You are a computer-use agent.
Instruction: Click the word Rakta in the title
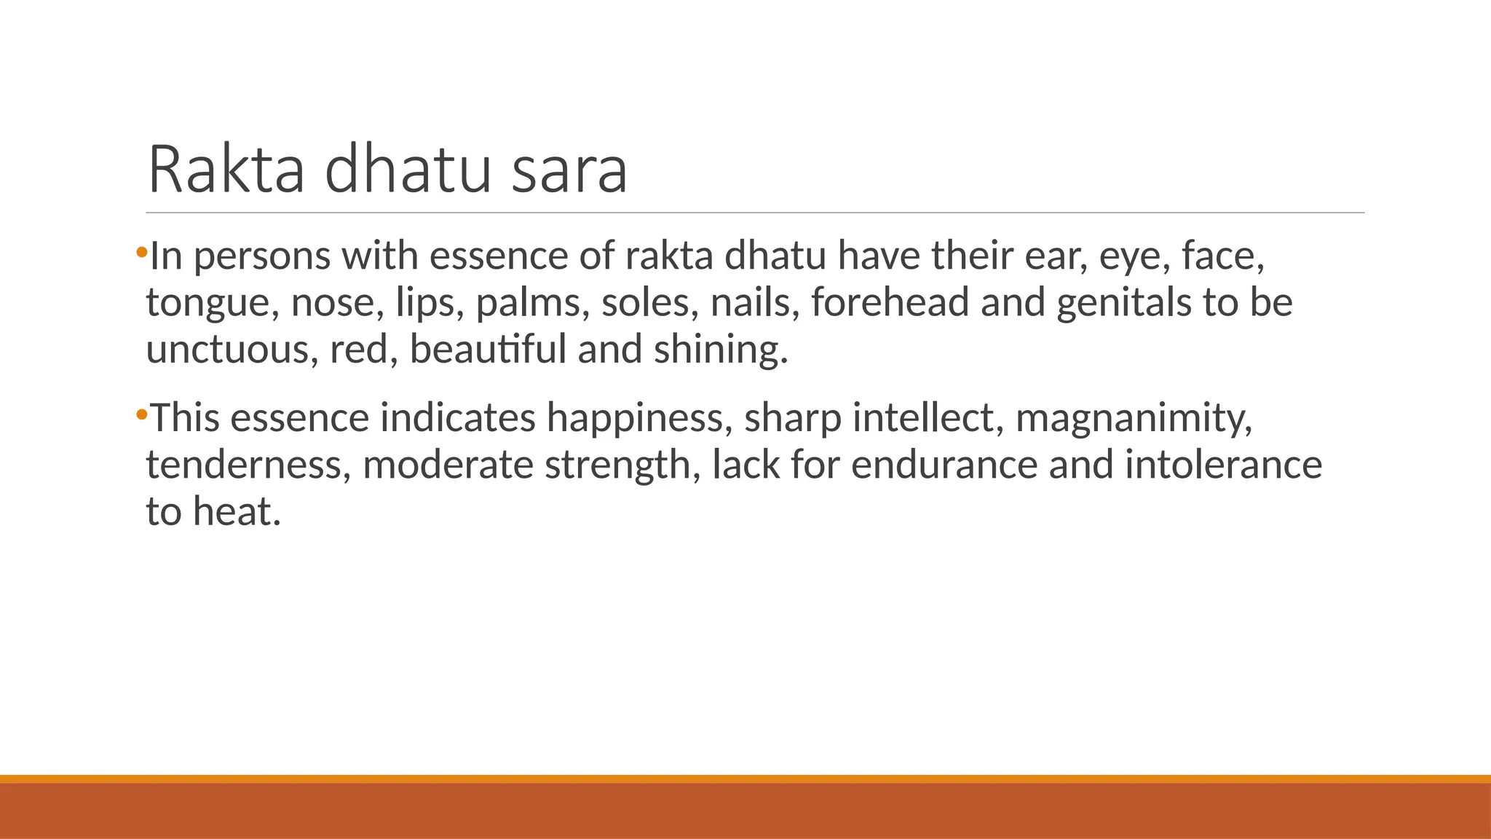click(226, 170)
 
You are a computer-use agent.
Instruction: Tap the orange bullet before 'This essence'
click(141, 415)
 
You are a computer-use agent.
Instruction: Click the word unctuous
click(232, 350)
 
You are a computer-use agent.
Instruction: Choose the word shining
click(721, 350)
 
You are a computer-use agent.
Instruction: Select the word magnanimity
click(1134, 418)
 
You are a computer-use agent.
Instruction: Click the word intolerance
click(1223, 465)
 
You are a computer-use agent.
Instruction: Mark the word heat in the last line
click(237, 511)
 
